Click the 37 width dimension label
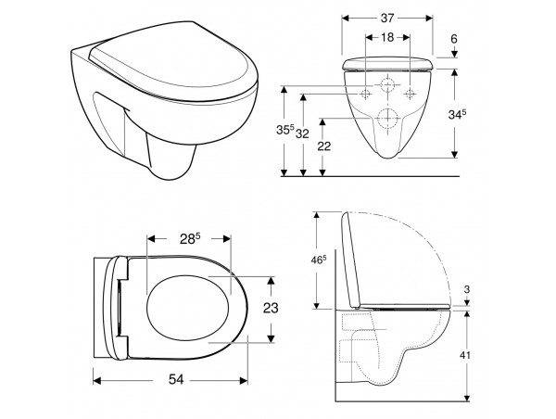[x=387, y=19]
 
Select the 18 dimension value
[x=387, y=37]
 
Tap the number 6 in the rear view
[x=454, y=39]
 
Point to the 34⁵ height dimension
[x=457, y=114]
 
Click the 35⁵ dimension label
[x=285, y=130]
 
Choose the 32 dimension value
[x=302, y=133]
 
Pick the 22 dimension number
[x=324, y=146]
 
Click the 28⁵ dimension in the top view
[x=190, y=239]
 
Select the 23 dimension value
[x=271, y=308]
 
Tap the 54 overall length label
[x=176, y=379]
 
